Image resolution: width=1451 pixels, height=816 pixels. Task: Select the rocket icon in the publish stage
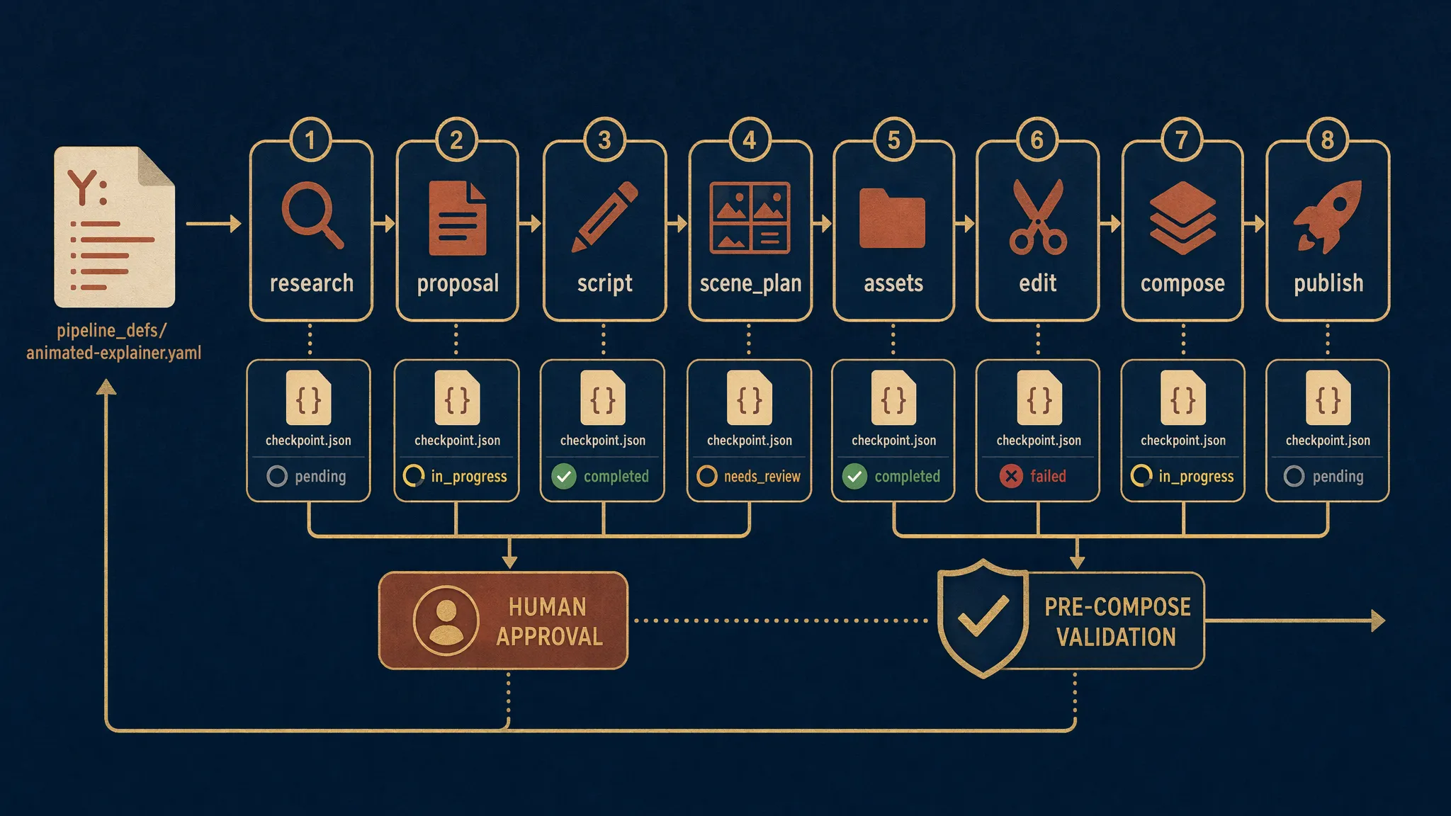pyautogui.click(x=1326, y=216)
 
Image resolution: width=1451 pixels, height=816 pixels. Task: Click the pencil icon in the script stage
pyautogui.click(x=605, y=216)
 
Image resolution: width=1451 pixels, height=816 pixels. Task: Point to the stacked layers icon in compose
pyautogui.click(x=1182, y=217)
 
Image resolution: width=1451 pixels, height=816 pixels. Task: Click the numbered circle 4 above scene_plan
pyautogui.click(x=749, y=140)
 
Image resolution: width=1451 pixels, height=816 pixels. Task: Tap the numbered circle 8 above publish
pyautogui.click(x=1327, y=140)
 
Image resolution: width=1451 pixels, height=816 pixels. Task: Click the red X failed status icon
pyautogui.click(x=1011, y=476)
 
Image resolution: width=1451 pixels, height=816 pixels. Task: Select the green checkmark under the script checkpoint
pyautogui.click(x=564, y=476)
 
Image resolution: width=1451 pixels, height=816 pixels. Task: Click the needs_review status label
pyautogui.click(x=762, y=477)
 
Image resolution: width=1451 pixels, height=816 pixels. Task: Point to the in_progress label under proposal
pyautogui.click(x=469, y=477)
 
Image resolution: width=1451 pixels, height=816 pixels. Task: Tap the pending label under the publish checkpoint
pyautogui.click(x=1338, y=477)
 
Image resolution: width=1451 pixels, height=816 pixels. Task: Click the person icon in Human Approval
pyautogui.click(x=446, y=620)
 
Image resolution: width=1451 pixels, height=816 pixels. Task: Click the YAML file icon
pyautogui.click(x=115, y=227)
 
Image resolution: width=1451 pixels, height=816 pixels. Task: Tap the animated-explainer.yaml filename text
pyautogui.click(x=114, y=353)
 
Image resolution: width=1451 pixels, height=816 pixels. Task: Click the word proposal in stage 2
pyautogui.click(x=458, y=284)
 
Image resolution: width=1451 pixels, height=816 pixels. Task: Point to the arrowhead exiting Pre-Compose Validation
pyautogui.click(x=1378, y=620)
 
